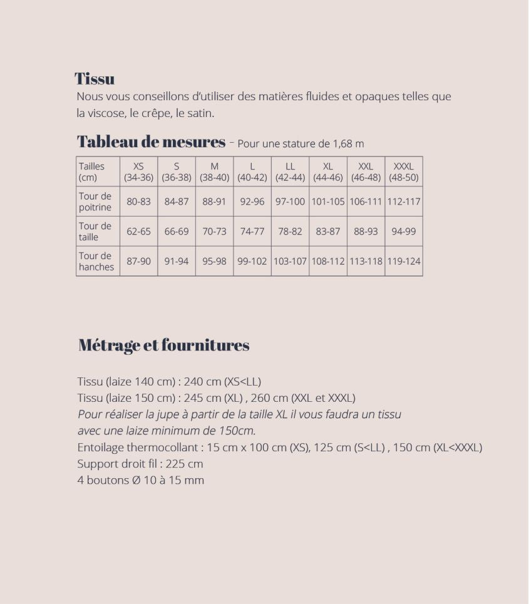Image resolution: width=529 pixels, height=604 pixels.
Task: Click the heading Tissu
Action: tap(95, 79)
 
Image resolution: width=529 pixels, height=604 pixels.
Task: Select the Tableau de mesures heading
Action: tap(151, 142)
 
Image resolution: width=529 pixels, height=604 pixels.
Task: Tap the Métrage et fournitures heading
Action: tap(164, 345)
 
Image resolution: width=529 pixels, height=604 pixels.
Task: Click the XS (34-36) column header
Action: tap(138, 171)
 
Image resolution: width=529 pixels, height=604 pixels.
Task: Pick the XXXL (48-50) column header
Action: tap(403, 171)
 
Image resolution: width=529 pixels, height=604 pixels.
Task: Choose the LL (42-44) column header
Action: tap(290, 171)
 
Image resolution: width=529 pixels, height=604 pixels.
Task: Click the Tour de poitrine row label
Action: tap(95, 202)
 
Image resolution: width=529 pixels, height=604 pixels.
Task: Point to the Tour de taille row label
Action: tap(95, 231)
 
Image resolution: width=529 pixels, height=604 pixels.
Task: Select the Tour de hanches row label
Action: tap(96, 261)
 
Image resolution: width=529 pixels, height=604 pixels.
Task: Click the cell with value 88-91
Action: tap(214, 202)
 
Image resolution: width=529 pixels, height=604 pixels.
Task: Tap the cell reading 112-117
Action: tap(403, 202)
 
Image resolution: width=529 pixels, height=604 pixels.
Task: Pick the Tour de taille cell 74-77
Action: tap(252, 231)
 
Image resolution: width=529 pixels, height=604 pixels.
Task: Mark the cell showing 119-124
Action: tap(403, 261)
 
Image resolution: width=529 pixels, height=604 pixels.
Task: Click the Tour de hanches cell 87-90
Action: tap(138, 261)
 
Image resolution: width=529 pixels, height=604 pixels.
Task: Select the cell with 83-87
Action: tap(328, 231)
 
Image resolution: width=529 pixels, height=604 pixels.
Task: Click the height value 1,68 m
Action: tap(349, 144)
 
